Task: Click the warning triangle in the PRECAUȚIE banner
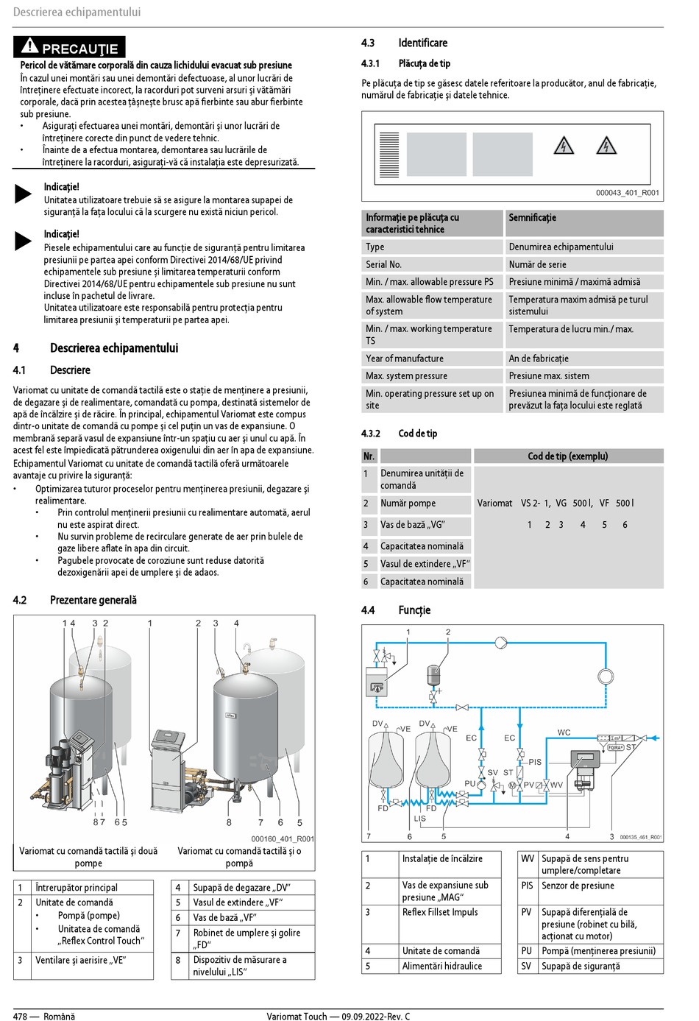coord(29,46)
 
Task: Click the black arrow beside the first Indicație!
coord(23,194)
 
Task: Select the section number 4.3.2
coord(371,434)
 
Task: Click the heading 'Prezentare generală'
coord(93,600)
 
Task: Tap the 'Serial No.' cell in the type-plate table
coord(384,264)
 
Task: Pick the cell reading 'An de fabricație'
coord(539,358)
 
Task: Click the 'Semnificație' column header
coord(533,218)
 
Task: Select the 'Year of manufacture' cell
coord(405,358)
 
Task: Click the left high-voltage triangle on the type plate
coord(563,146)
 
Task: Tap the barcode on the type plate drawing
coord(389,155)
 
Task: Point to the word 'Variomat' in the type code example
coord(494,504)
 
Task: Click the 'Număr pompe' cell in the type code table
coord(408,504)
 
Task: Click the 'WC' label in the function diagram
coord(564,732)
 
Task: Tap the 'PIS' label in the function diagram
coord(535,762)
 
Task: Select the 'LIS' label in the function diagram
coord(419,819)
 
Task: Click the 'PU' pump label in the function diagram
coord(470,783)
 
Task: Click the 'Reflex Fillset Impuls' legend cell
coord(440,912)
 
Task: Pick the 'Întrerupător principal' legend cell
coord(77,888)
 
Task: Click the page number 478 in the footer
coord(20,1017)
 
